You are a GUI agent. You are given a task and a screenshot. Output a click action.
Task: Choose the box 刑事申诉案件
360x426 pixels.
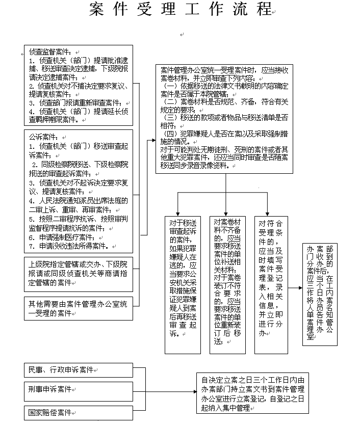click(50, 389)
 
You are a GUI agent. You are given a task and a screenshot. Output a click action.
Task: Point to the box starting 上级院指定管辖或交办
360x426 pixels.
click(79, 273)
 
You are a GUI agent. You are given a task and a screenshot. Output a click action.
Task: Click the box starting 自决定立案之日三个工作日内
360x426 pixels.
click(253, 394)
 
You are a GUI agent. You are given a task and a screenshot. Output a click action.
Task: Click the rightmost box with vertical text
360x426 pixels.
click(320, 295)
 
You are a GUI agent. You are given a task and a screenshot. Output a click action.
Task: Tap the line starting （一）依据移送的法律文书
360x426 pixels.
click(224, 90)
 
